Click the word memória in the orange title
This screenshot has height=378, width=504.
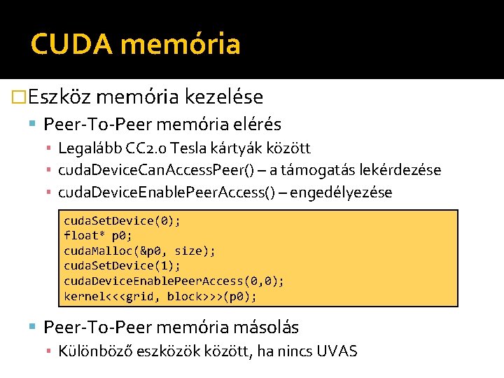tap(180, 45)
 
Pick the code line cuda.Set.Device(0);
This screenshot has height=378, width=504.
tap(122, 220)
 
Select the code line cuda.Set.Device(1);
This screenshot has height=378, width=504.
tap(122, 265)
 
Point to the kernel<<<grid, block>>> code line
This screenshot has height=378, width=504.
tap(160, 296)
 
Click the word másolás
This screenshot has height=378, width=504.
tap(265, 327)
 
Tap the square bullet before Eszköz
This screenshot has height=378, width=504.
tap(20, 97)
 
